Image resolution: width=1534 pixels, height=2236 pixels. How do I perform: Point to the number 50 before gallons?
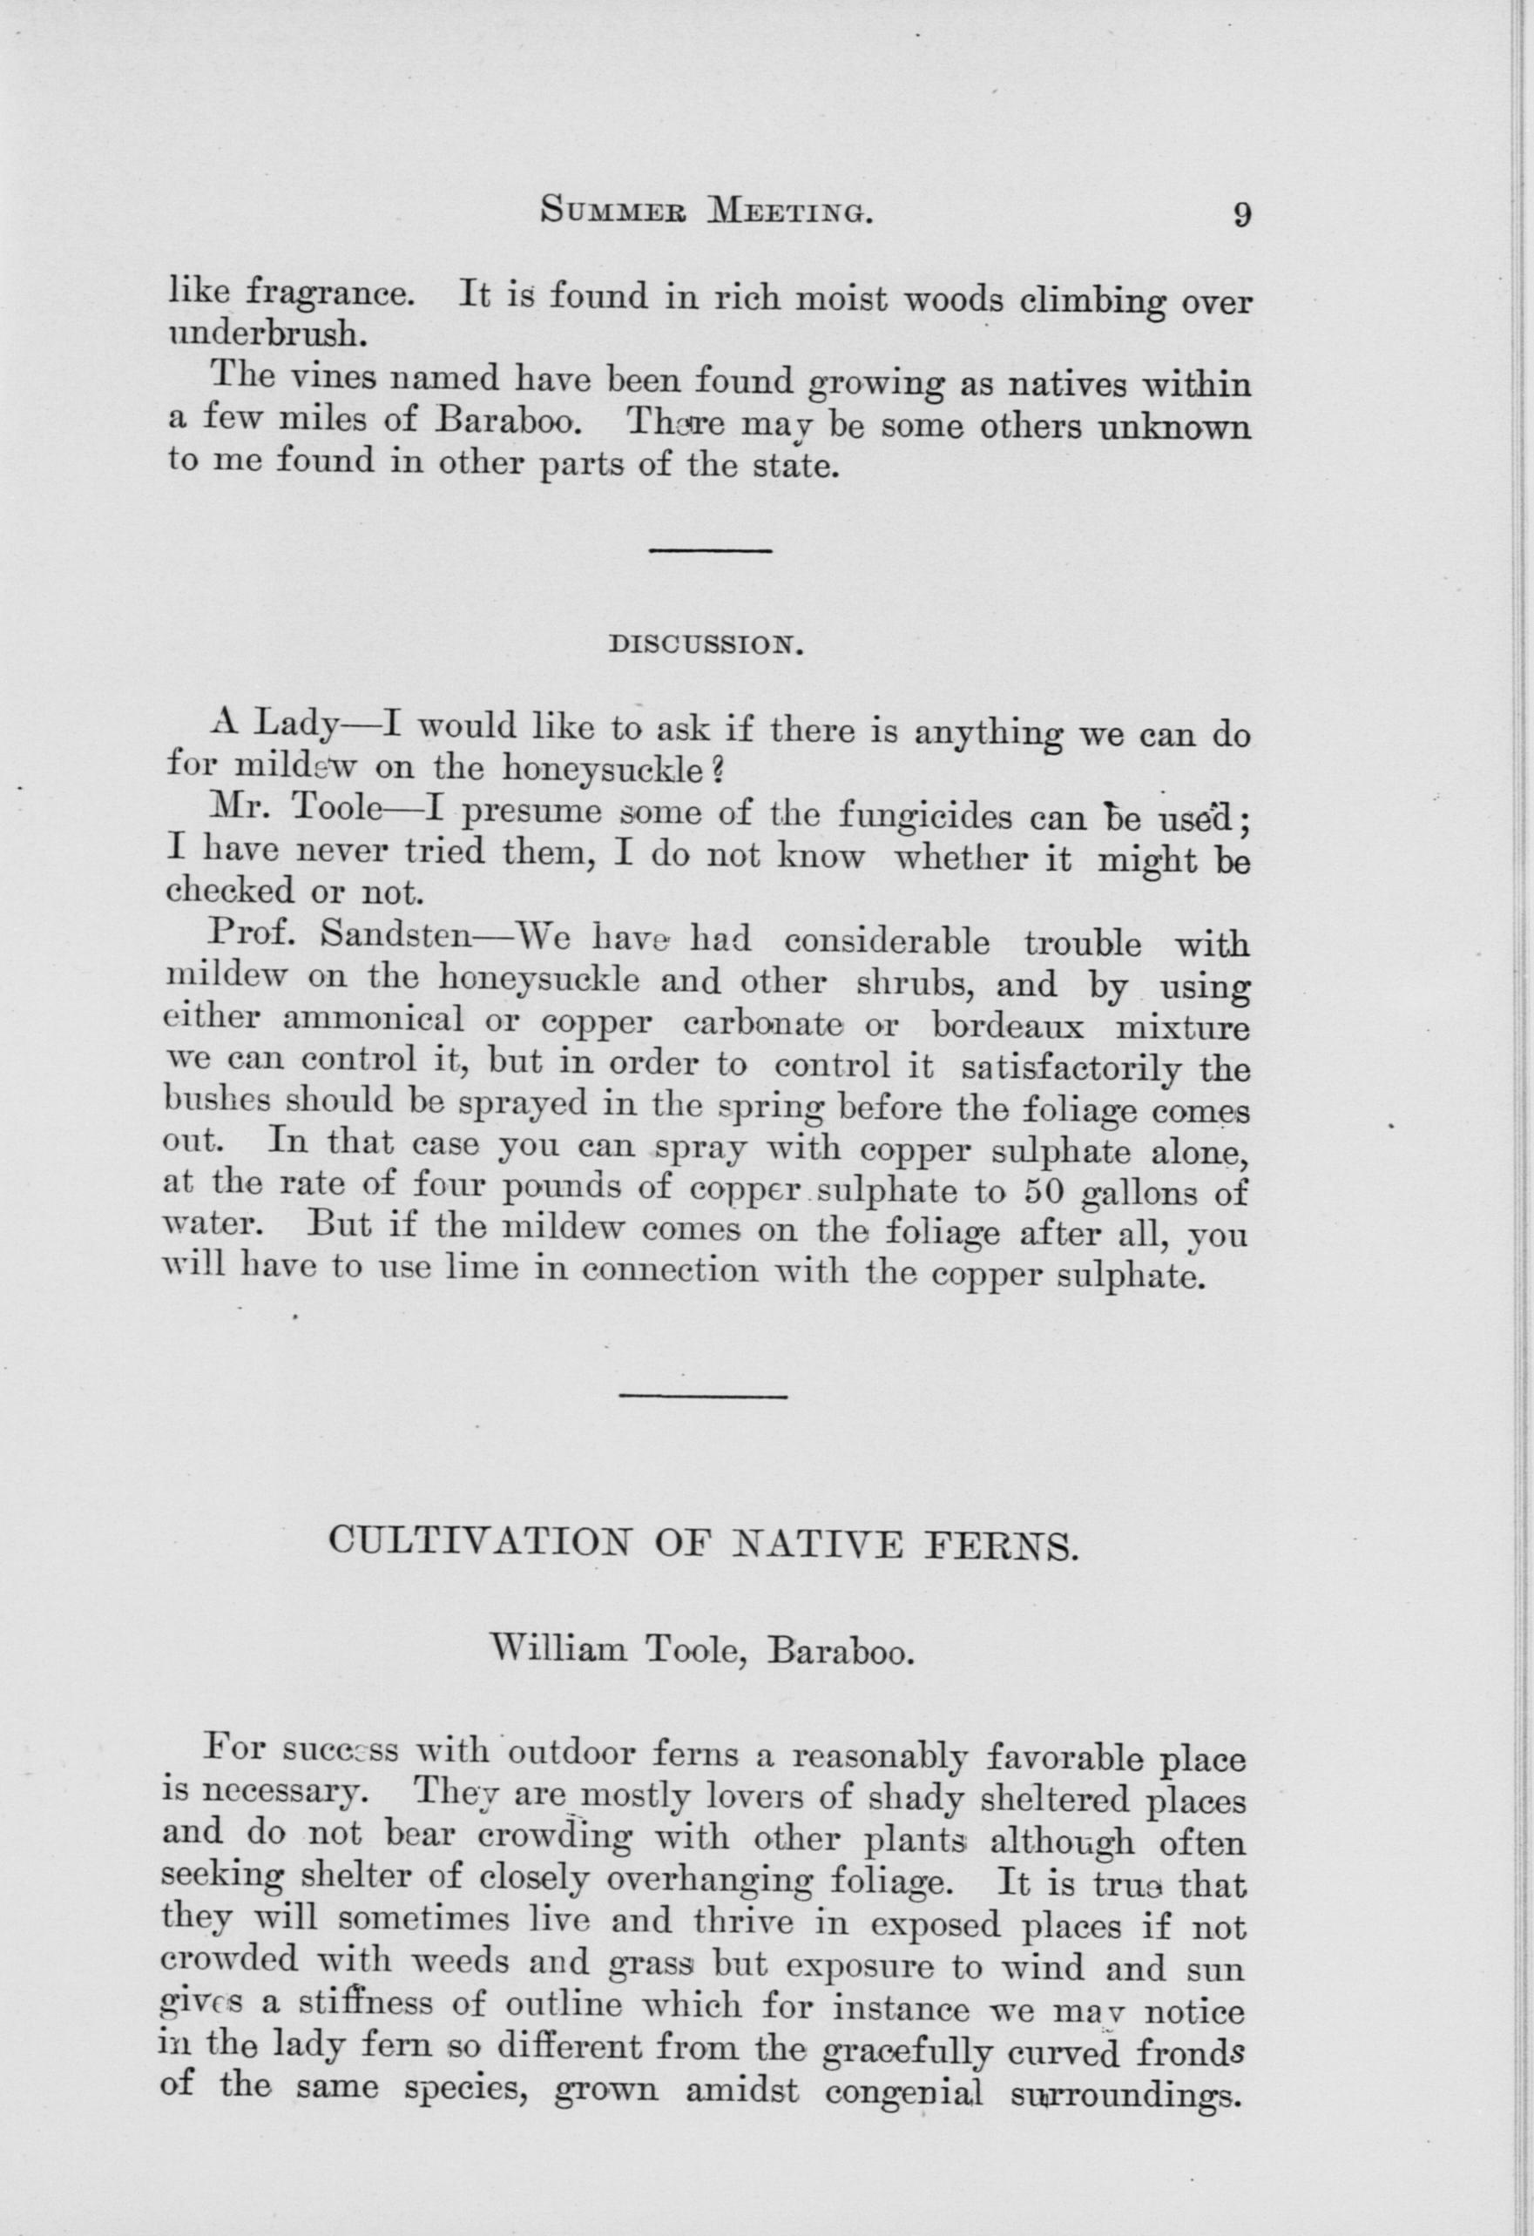(x=1044, y=1192)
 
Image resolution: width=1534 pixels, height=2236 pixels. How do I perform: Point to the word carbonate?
(x=763, y=1022)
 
